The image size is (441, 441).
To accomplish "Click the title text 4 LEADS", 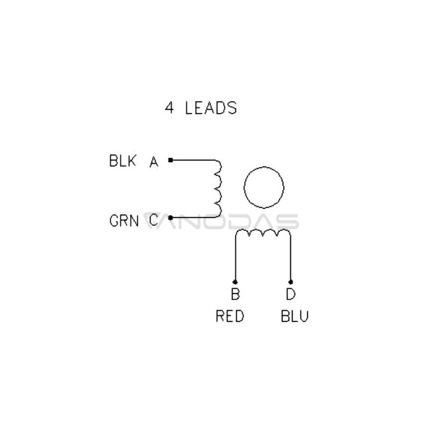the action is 201,108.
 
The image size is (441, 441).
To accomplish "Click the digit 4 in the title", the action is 169,108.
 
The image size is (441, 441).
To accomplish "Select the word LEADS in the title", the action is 211,108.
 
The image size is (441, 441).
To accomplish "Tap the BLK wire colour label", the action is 123,161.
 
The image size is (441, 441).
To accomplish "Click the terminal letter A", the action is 154,162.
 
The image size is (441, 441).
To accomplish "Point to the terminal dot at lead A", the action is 170,160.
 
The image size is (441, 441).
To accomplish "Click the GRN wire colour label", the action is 124,221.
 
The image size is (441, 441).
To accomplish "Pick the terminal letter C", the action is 154,220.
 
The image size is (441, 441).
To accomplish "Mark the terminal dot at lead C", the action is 170,217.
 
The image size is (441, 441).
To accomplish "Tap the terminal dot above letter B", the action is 235,282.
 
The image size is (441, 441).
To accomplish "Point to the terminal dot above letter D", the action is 290,282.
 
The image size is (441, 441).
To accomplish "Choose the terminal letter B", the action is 235,294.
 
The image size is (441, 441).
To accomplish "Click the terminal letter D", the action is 291,294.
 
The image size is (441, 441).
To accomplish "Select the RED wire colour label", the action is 230,316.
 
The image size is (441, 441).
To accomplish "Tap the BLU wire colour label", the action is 295,316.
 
